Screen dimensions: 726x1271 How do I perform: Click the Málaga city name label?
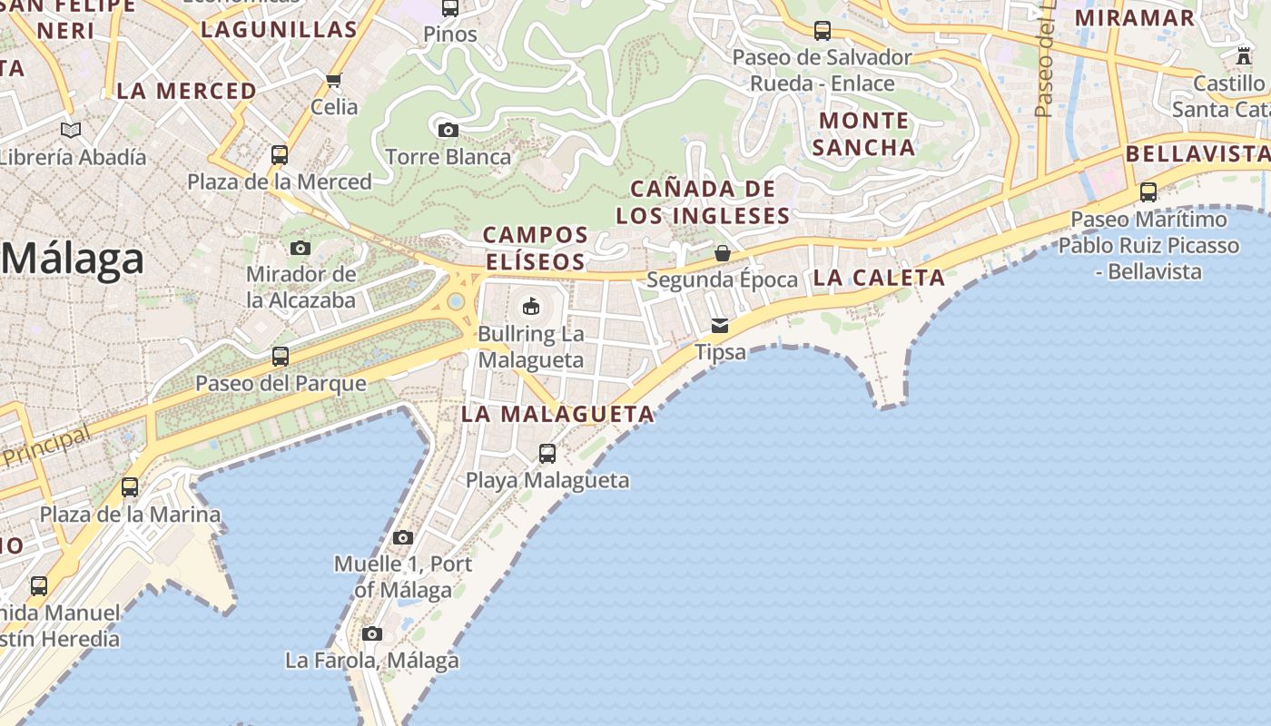[x=73, y=260]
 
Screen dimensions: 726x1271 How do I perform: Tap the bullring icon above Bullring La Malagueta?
[x=531, y=307]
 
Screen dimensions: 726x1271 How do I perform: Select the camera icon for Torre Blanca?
[x=448, y=131]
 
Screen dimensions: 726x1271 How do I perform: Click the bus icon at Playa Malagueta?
[x=547, y=453]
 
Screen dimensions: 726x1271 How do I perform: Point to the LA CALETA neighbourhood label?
[x=879, y=278]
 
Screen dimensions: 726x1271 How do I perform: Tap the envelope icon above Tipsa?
[x=720, y=325]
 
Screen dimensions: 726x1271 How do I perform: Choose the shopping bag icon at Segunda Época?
[x=723, y=253]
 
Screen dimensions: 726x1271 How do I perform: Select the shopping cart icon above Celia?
[x=334, y=80]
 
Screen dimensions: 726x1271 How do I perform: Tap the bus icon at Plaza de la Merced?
[x=280, y=155]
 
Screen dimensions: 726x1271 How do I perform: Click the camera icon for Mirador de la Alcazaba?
[x=301, y=248]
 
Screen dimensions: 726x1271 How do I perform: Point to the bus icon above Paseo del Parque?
[x=281, y=357]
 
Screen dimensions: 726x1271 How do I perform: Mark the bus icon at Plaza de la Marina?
[x=130, y=487]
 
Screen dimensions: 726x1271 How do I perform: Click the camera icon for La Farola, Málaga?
[x=371, y=633]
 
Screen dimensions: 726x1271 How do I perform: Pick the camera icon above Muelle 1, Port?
[x=403, y=537]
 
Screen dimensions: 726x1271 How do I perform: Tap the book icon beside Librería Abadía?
[x=71, y=130]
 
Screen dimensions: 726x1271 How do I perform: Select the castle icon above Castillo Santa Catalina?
[x=1244, y=56]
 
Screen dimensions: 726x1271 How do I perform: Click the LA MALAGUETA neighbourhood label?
[x=557, y=415]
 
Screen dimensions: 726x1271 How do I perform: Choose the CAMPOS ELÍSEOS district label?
[x=535, y=248]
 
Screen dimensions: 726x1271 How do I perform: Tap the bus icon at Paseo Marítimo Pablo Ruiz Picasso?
[x=1148, y=192]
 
